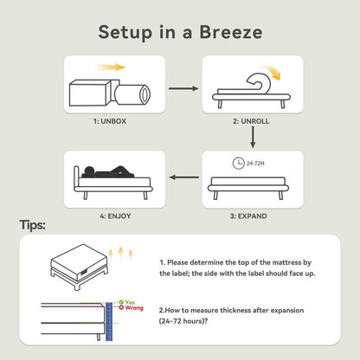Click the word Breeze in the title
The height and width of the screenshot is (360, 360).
(231, 32)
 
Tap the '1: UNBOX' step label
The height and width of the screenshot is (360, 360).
(110, 121)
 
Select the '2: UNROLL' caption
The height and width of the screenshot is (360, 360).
(251, 121)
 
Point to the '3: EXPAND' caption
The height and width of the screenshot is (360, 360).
(248, 216)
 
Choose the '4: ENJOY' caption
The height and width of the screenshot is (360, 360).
(115, 216)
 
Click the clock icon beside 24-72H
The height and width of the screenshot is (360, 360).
(239, 164)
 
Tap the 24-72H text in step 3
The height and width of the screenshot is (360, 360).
(255, 164)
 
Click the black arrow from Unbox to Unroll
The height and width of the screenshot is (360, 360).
(183, 88)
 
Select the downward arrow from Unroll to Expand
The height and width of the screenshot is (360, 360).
(253, 138)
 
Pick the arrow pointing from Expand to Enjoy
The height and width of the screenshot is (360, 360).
(184, 177)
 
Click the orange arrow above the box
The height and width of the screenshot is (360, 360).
(111, 67)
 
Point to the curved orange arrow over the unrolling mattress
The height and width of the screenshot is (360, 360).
(271, 71)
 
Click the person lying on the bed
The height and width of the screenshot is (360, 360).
(107, 172)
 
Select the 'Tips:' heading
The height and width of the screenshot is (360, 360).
(33, 225)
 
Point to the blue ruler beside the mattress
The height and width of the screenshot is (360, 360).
(109, 321)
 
